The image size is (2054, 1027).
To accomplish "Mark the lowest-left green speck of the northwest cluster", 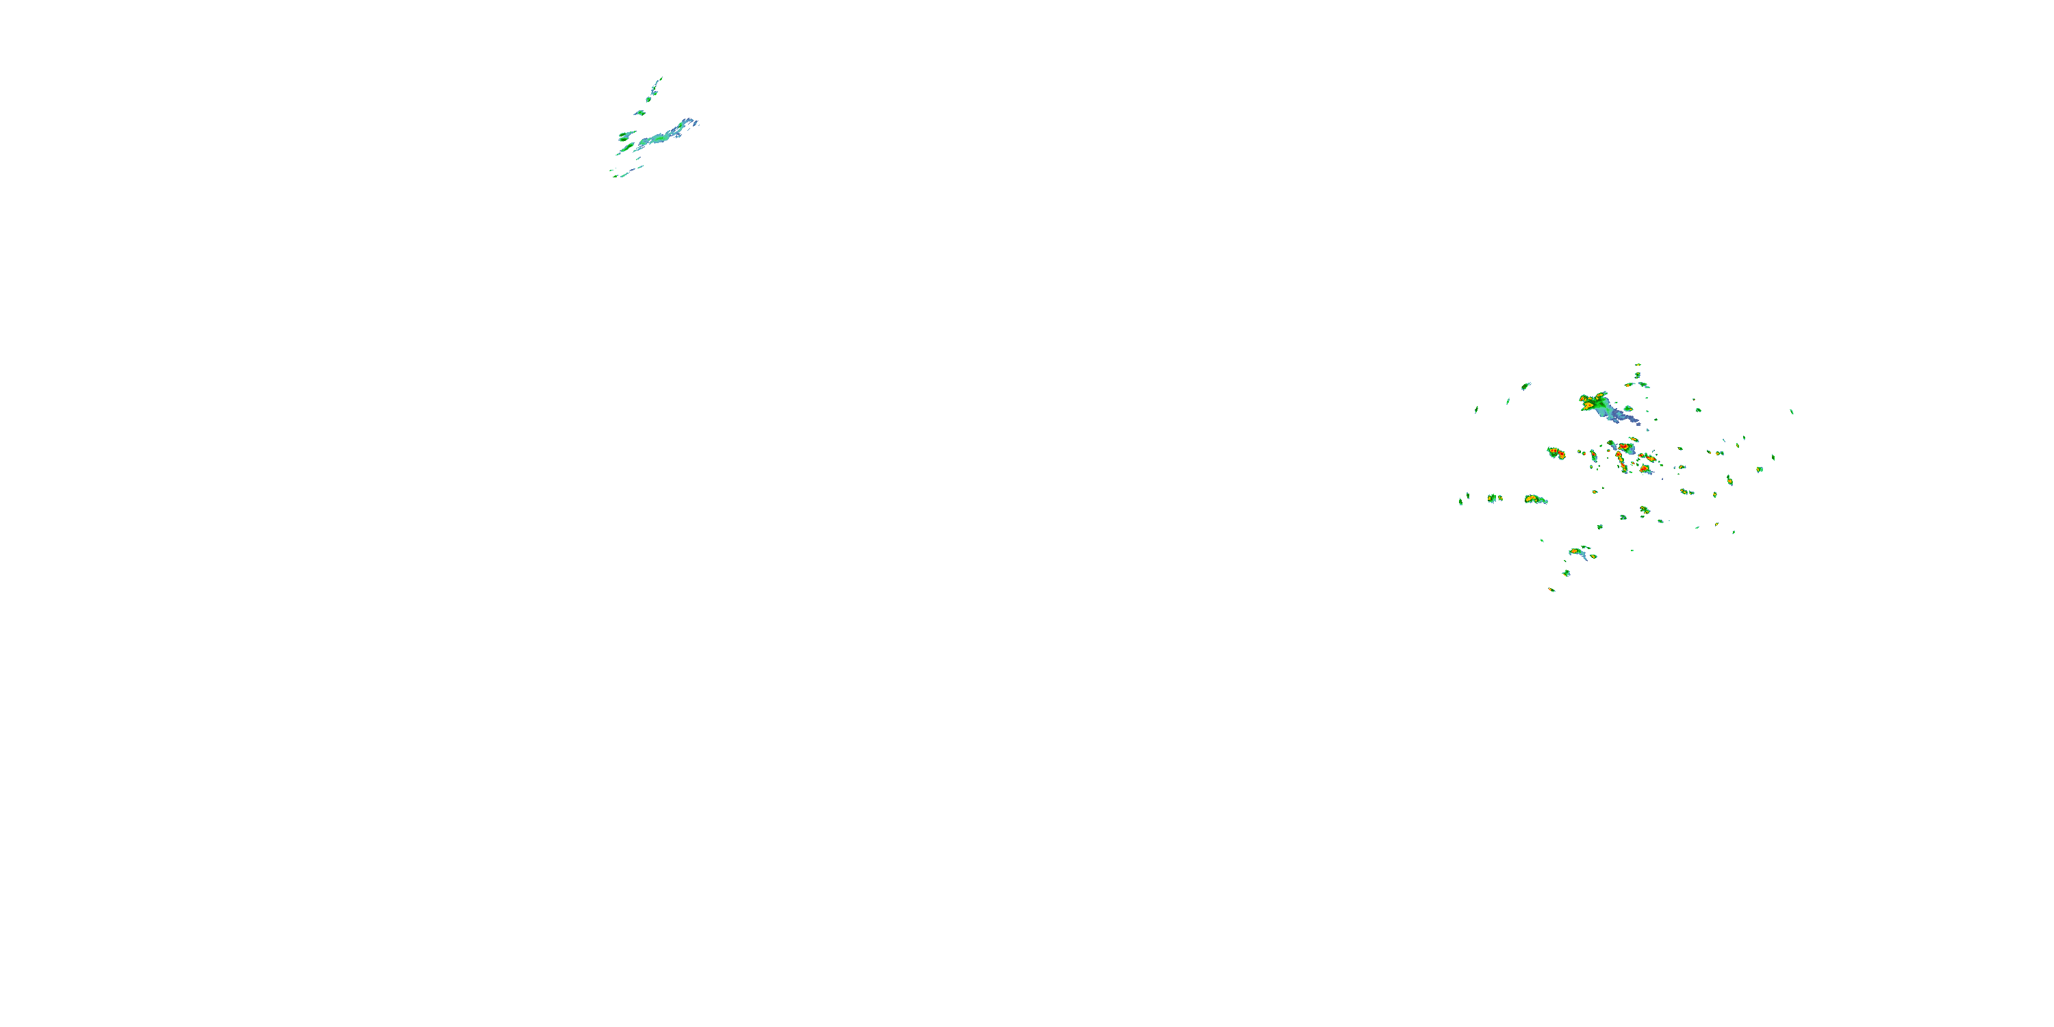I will (x=614, y=175).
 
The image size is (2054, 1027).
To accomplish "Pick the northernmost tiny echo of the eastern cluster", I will (x=1638, y=365).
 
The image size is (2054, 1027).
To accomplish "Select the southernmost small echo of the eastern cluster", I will (x=1551, y=590).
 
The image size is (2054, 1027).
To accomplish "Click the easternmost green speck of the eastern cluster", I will (x=1792, y=411).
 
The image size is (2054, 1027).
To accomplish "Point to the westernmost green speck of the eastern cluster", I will (x=1461, y=502).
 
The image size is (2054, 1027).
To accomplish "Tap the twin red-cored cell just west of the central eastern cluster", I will (x=1556, y=453).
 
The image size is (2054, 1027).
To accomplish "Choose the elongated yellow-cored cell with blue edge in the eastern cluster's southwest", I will (x=1535, y=499).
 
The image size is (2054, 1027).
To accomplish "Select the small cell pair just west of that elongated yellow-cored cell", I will (x=1493, y=498).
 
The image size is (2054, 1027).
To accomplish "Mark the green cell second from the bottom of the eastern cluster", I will (x=1566, y=572).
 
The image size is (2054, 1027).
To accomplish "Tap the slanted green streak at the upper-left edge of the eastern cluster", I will (x=1525, y=386).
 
